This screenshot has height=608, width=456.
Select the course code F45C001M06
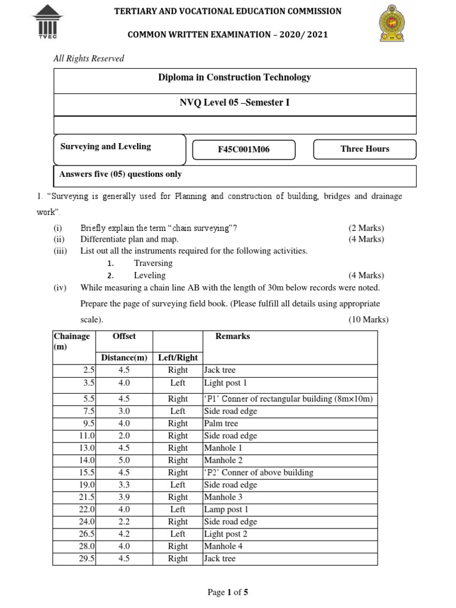[x=243, y=149]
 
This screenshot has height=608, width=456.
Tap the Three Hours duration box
[x=365, y=149]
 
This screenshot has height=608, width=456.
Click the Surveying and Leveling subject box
[x=106, y=147]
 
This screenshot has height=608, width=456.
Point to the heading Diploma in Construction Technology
[x=234, y=77]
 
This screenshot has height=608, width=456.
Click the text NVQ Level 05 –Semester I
[x=235, y=103]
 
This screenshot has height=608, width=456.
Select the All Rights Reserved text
[x=88, y=58]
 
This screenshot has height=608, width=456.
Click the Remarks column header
[x=232, y=336]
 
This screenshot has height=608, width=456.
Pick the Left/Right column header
[x=178, y=357]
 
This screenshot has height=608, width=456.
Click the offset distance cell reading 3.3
[x=124, y=484]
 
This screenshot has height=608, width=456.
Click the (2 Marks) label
[x=366, y=228]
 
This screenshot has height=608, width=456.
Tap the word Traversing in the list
[x=153, y=263]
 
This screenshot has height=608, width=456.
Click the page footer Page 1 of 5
[x=227, y=592]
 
